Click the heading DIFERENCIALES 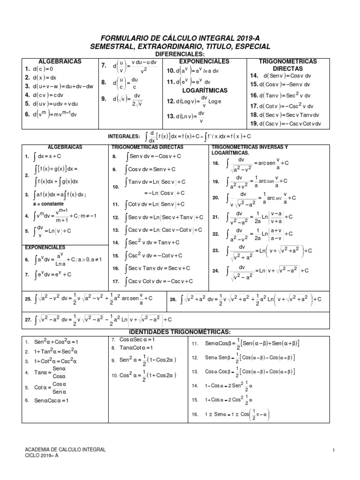click(x=180, y=55)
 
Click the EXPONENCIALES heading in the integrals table click(x=45, y=247)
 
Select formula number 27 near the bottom click(x=99, y=319)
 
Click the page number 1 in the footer click(x=332, y=451)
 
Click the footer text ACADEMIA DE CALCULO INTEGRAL click(x=65, y=450)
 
